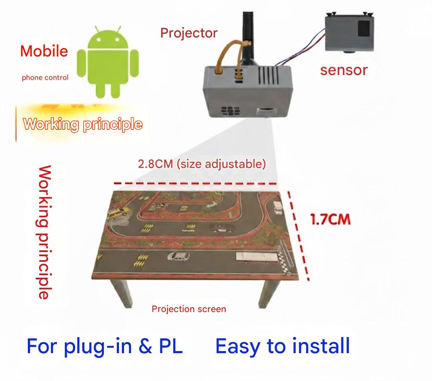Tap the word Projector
click(189, 33)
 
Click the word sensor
click(344, 70)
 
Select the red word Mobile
click(44, 51)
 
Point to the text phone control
click(45, 78)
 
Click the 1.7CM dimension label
click(330, 220)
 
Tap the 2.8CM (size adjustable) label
click(202, 164)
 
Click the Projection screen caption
click(189, 309)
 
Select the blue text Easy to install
click(283, 346)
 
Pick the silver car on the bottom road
click(178, 256)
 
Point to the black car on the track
click(221, 228)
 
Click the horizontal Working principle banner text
click(83, 124)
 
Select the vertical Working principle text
click(45, 232)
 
